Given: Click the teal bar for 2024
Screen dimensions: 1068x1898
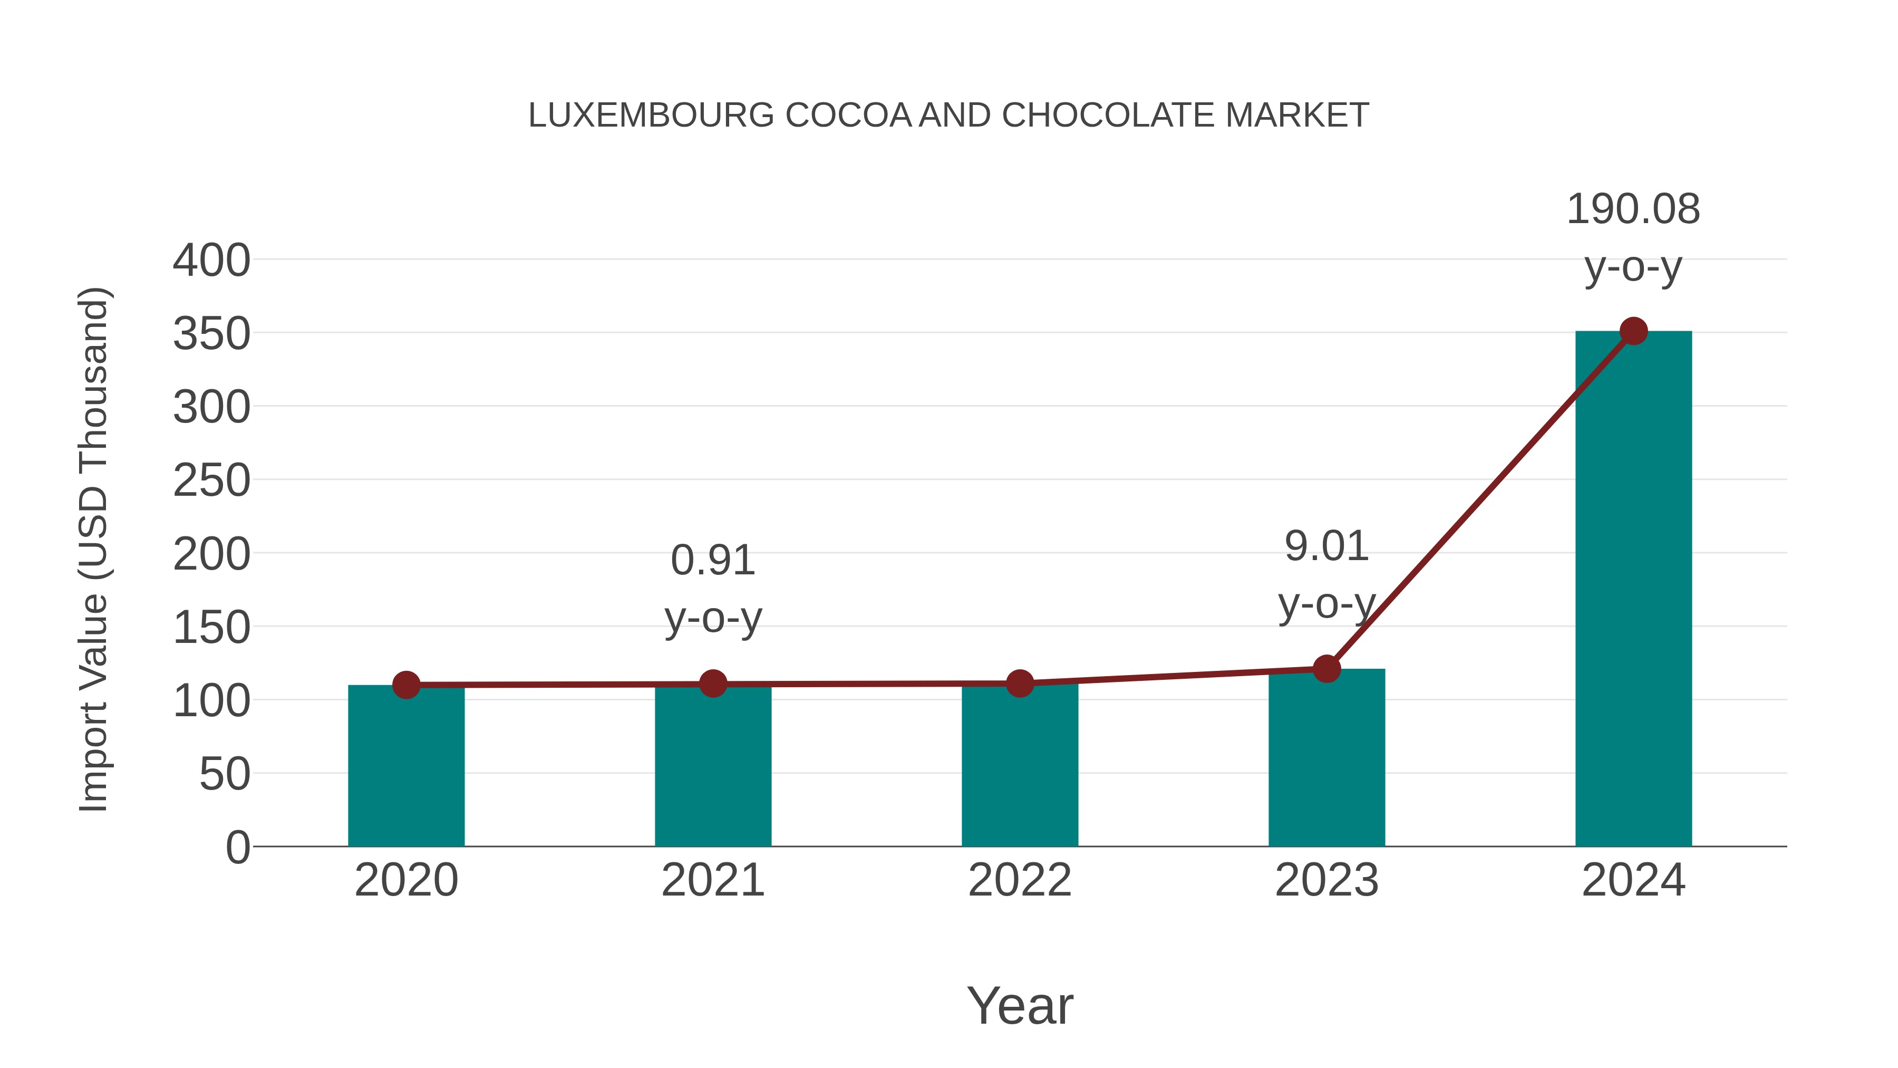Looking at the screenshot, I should pos(1633,590).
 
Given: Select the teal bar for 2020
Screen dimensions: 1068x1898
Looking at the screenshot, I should pos(406,766).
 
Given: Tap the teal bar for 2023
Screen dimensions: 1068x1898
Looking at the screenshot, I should pos(1326,759).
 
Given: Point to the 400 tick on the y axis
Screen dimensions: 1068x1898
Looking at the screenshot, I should pos(211,261).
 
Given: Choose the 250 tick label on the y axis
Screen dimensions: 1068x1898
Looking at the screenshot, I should pos(211,482).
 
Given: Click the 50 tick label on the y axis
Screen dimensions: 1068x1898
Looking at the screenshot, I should pos(225,775).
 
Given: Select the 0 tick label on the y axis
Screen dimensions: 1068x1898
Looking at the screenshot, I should pos(238,848).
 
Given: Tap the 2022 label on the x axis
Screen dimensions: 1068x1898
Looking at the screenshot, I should pos(1020,881).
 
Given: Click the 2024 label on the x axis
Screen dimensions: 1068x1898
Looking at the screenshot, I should pos(1633,881).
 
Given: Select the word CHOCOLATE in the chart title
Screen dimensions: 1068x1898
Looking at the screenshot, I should pos(1109,116).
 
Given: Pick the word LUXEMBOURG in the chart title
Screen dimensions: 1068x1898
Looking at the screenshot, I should pos(651,116).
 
